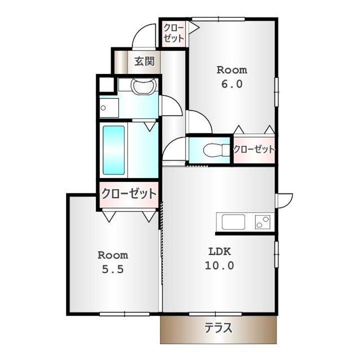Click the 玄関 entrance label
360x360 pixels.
point(144,61)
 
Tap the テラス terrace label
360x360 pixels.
point(218,328)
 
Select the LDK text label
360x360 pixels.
point(219,251)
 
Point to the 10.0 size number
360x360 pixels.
point(219,265)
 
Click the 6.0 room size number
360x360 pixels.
point(231,84)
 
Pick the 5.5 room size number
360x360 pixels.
point(112,269)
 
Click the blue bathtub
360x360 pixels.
point(113,150)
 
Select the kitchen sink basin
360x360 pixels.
point(233,222)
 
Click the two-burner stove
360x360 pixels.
point(262,222)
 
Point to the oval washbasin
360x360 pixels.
point(143,86)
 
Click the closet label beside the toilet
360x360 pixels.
point(254,149)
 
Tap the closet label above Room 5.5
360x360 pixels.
point(129,193)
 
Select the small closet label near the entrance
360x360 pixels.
point(173,33)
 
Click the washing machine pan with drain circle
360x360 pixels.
point(109,108)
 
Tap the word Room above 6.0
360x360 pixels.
point(232,70)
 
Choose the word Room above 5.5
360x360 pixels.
point(112,255)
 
